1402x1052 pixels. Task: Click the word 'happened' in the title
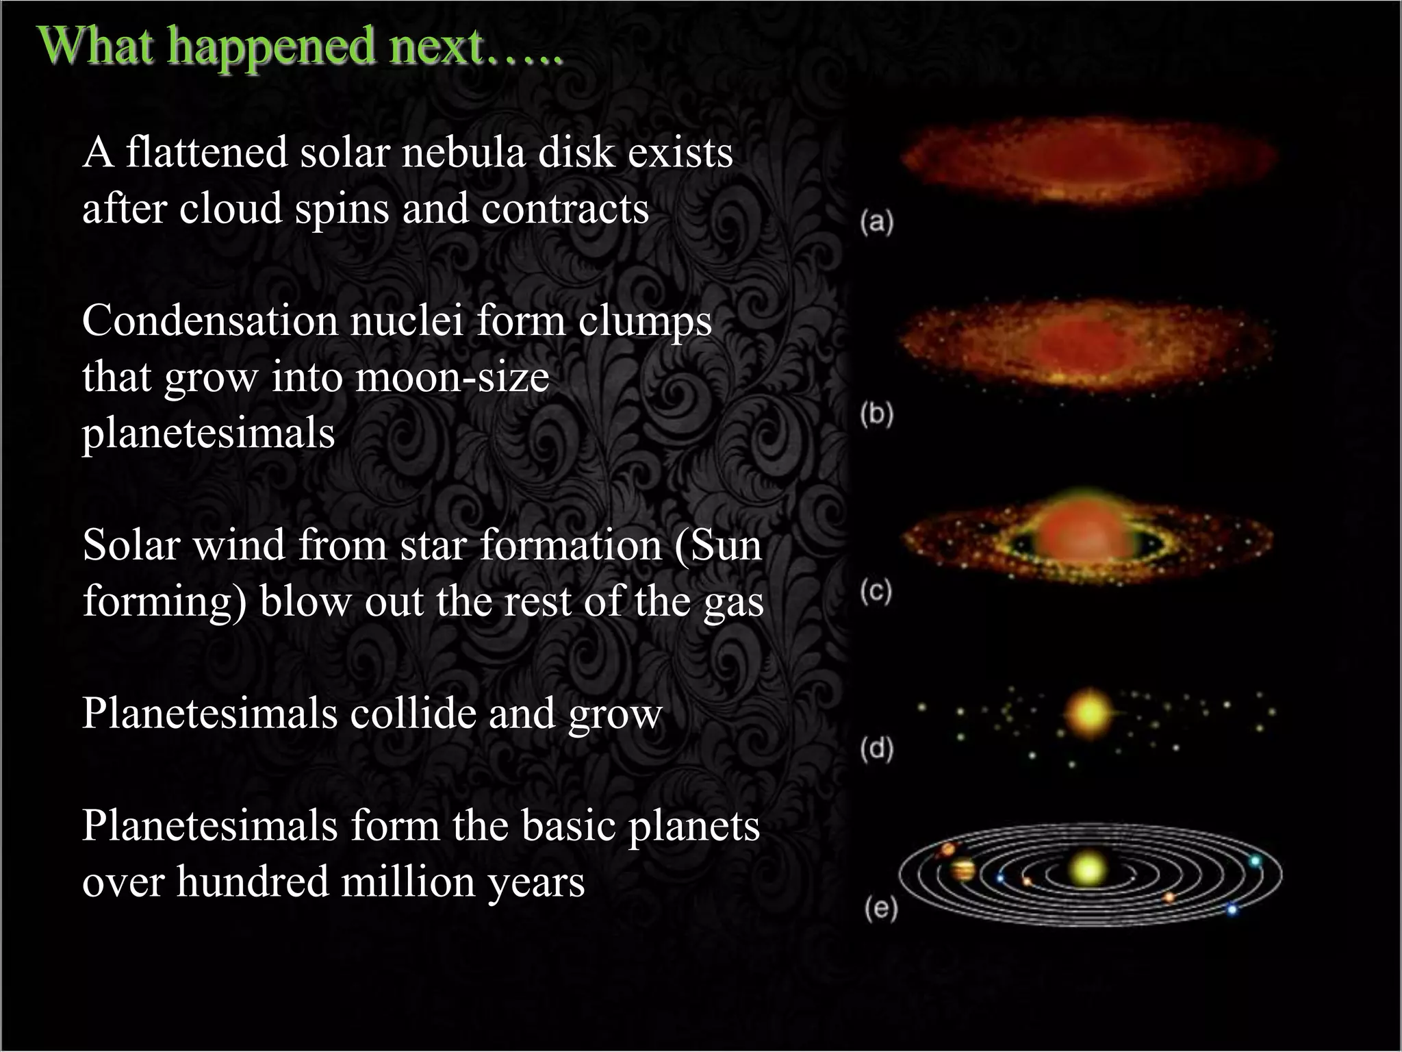(272, 46)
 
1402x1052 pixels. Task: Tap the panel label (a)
(877, 223)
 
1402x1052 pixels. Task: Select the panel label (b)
(877, 415)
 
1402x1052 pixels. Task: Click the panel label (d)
(877, 749)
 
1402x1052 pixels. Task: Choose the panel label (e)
(880, 909)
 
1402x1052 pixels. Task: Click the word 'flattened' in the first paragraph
(206, 152)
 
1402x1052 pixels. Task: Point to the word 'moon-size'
(452, 377)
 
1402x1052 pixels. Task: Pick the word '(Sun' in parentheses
(718, 545)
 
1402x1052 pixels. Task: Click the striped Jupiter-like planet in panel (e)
(963, 871)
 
